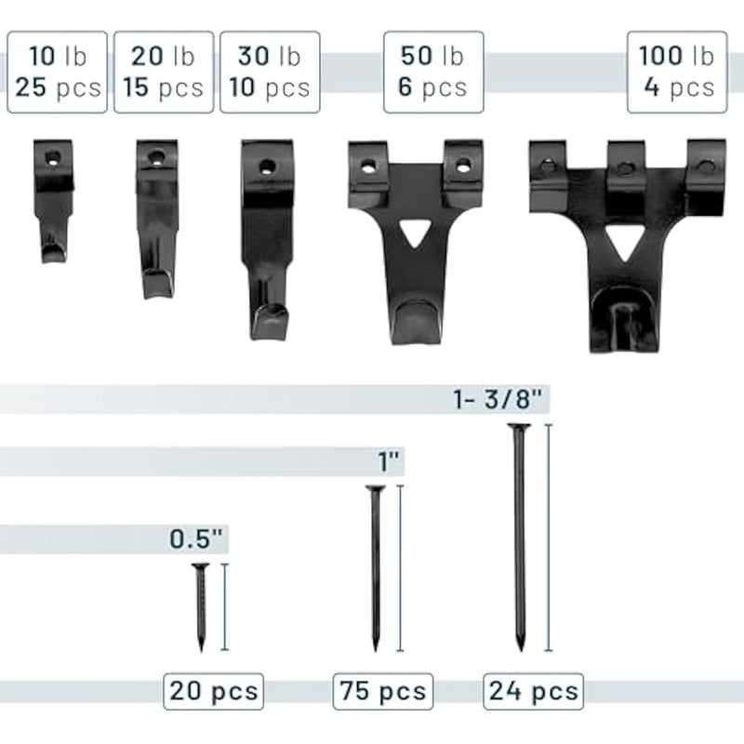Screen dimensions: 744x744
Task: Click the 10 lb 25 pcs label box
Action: pos(57,73)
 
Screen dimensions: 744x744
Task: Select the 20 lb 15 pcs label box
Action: pos(164,73)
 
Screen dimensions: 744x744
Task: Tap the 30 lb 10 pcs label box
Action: pos(270,73)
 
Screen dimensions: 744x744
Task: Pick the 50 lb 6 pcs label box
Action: pos(433,73)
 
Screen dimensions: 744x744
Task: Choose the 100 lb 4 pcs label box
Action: pos(677,73)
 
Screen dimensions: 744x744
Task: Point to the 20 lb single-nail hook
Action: pos(157,219)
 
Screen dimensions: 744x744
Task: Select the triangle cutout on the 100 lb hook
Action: pos(624,242)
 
